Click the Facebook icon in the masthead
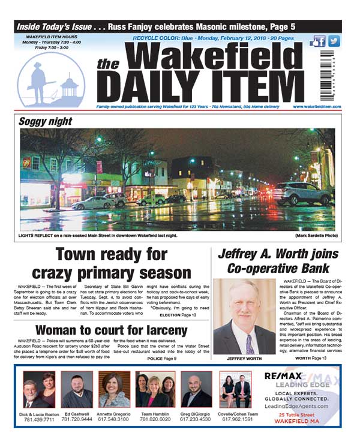click(318, 41)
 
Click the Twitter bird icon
click(334, 41)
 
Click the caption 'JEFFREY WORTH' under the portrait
click(243, 359)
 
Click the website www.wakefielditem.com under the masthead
click(317, 107)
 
